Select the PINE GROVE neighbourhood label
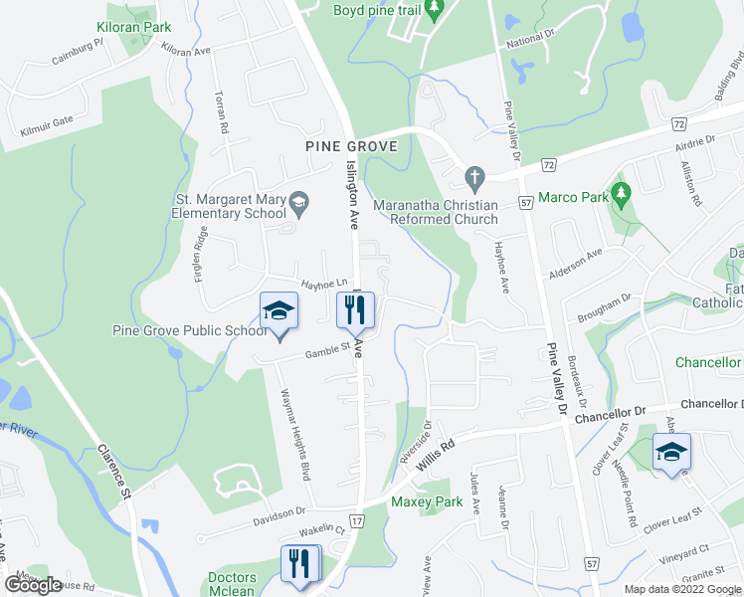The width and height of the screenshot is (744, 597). [352, 146]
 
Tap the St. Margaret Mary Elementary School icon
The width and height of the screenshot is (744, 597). [297, 206]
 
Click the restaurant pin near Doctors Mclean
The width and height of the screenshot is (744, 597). [298, 563]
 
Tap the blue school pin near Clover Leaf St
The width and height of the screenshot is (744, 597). [671, 453]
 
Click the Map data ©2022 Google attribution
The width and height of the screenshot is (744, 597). [680, 589]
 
